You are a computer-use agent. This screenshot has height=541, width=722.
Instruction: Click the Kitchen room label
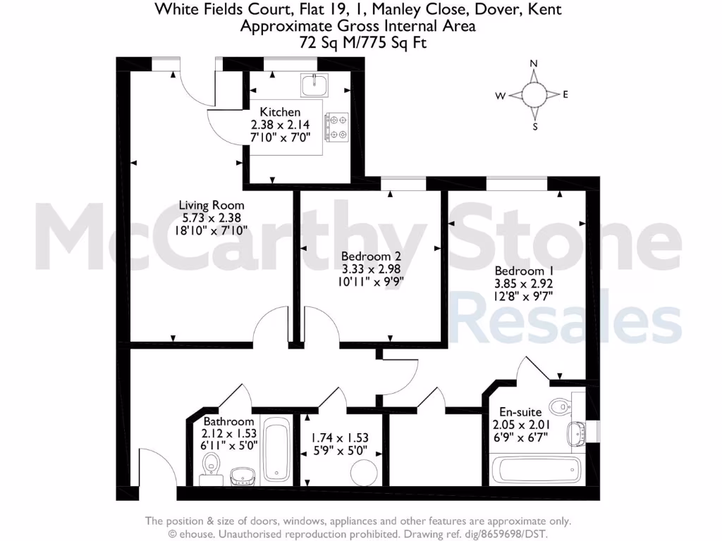point(280,112)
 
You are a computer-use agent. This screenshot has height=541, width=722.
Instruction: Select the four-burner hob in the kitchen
point(336,128)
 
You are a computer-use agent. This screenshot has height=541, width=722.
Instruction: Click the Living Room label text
point(211,206)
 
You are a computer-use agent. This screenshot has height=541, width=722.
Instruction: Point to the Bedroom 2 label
point(371,257)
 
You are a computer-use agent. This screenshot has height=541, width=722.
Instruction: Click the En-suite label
point(520,412)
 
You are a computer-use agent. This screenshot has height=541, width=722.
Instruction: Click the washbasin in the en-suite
point(580,431)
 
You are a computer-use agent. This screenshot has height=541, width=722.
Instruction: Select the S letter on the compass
point(535,127)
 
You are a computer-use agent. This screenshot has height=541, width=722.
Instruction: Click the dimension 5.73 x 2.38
point(211,218)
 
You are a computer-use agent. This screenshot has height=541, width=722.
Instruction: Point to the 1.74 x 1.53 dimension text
point(340,437)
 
